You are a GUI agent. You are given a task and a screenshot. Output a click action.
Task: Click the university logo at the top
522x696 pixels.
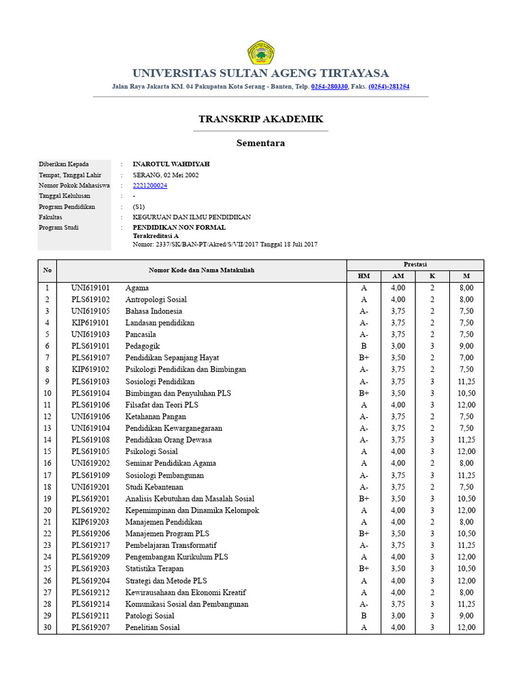pos(260,52)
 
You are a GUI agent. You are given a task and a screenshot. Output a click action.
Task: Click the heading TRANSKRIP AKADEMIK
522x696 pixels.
pos(261,119)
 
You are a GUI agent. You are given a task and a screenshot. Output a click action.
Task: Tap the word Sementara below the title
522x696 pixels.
pos(260,143)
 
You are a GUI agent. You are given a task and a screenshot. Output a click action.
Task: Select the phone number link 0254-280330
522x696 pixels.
pos(330,87)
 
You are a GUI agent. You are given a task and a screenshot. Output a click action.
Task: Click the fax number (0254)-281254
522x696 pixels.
pos(389,87)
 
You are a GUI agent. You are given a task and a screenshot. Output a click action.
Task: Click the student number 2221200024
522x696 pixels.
pos(150,185)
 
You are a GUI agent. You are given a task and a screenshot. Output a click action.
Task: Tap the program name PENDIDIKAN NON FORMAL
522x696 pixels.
pos(179,227)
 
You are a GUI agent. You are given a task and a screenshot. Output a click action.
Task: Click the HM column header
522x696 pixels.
pos(364,276)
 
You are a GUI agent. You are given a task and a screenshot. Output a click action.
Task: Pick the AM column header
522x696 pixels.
pos(398,276)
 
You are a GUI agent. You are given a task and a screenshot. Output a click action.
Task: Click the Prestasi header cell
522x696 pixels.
pos(415,264)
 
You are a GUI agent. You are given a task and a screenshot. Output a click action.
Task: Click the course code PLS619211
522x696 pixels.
pos(90,616)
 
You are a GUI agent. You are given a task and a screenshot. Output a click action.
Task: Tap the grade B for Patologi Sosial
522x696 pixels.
pos(364,616)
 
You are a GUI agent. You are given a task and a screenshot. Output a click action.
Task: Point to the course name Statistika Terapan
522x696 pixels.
pos(155,568)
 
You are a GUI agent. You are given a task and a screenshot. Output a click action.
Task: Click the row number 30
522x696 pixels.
pos(48,627)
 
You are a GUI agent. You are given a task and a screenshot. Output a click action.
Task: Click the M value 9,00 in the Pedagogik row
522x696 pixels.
pos(466,346)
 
